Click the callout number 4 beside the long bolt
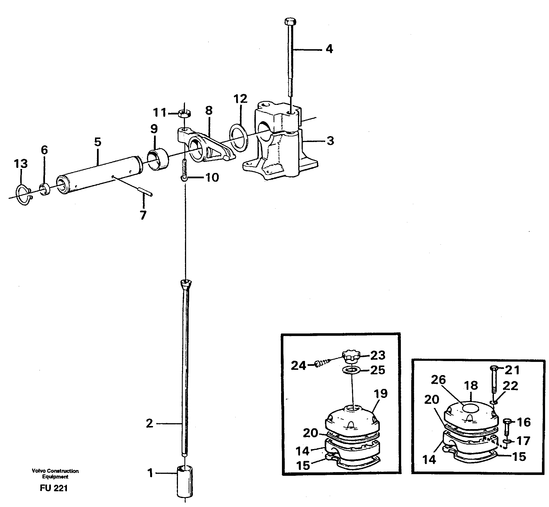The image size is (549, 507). tap(329, 49)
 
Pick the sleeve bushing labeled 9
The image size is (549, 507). tap(158, 159)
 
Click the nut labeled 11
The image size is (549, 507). tap(184, 114)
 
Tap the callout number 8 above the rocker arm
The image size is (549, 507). tap(209, 111)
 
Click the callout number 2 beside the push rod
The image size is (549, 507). tap(150, 423)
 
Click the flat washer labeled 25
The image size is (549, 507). tap(351, 369)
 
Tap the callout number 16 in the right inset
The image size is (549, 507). tap(523, 422)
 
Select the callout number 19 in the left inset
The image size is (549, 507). tap(381, 394)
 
